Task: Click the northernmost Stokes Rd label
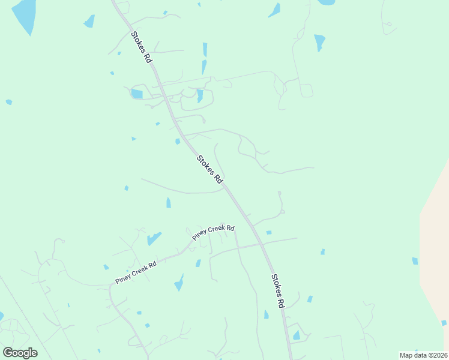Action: [x=141, y=47]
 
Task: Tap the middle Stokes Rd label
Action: [x=210, y=170]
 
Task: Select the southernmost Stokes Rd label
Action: [x=277, y=291]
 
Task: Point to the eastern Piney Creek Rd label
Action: [x=213, y=232]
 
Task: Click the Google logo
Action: [x=20, y=352]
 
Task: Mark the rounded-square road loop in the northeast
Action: [x=306, y=91]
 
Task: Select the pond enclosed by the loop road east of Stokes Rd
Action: [x=200, y=95]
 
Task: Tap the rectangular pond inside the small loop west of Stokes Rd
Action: [x=137, y=94]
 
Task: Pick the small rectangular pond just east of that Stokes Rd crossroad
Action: [x=269, y=232]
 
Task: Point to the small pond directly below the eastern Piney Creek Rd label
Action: [x=198, y=263]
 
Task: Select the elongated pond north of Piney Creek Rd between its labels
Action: [x=154, y=238]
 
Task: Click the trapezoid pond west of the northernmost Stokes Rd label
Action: [x=89, y=22]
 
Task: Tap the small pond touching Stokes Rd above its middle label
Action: [x=178, y=142]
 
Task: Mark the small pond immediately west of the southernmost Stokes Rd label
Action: [x=266, y=314]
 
